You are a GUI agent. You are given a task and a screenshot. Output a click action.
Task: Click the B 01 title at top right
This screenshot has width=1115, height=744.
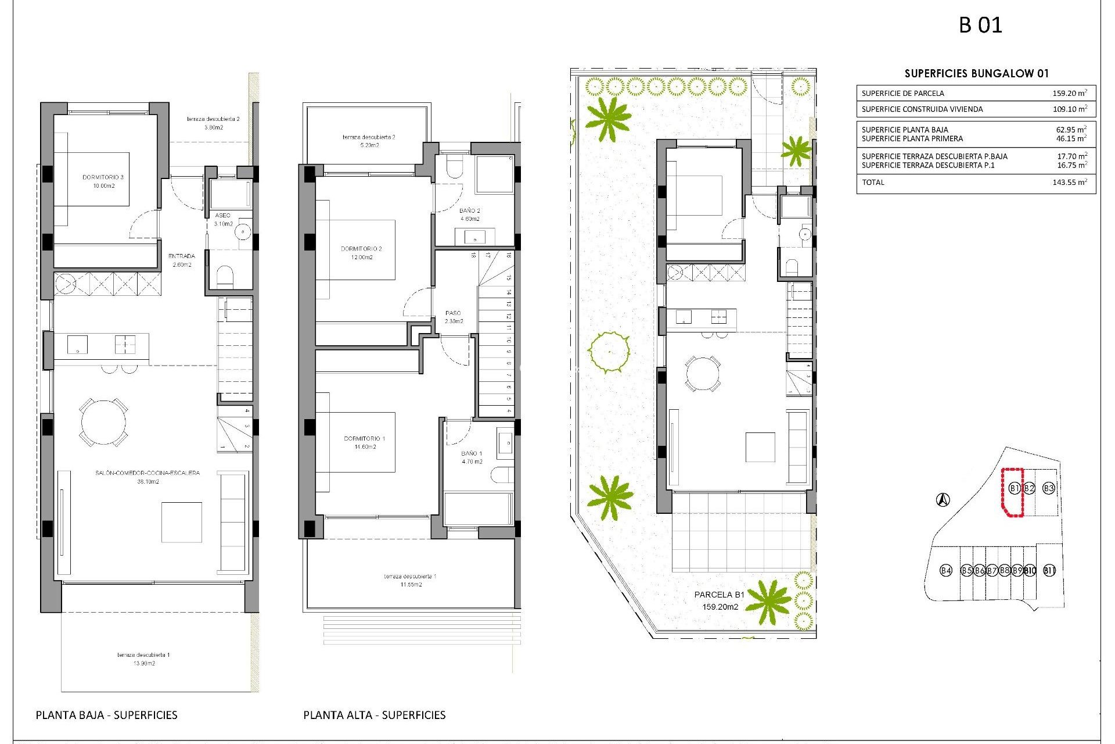[x=980, y=25]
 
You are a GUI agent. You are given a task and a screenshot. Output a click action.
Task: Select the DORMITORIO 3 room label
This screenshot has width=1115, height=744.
[x=103, y=181]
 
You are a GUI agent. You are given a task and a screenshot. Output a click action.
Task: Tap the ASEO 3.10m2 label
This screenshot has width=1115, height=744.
[x=223, y=219]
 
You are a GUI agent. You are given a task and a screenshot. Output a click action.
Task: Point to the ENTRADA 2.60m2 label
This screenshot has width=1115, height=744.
[x=182, y=260]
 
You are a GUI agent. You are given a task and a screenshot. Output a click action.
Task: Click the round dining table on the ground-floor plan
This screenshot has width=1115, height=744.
[x=103, y=422]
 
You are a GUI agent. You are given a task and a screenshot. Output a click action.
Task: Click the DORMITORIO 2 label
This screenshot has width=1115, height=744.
[x=361, y=252]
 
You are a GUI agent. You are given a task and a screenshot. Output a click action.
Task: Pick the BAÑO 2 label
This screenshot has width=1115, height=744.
[x=470, y=214]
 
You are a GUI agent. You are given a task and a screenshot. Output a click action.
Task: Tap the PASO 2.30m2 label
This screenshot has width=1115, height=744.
[x=454, y=317]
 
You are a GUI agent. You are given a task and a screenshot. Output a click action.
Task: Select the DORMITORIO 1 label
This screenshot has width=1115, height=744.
[x=365, y=442]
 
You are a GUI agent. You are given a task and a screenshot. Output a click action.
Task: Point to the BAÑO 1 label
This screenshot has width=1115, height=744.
[x=472, y=457]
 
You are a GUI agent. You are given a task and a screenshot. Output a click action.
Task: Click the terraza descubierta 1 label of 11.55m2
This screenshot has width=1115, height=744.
[x=410, y=580]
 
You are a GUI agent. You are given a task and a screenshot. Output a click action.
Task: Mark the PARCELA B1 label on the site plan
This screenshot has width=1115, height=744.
[x=720, y=600]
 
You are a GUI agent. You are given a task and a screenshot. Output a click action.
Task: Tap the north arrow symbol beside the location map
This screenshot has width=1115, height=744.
[x=943, y=499]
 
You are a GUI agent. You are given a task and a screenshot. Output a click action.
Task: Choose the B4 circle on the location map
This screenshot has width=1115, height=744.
[x=946, y=570]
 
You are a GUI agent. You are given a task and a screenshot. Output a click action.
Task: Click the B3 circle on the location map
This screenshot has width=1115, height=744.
[x=1048, y=488]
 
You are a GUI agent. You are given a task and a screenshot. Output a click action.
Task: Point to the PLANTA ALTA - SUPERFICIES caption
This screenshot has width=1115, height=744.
[x=374, y=715]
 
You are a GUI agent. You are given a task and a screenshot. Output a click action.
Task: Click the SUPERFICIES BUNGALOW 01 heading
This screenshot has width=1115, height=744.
[x=976, y=73]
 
